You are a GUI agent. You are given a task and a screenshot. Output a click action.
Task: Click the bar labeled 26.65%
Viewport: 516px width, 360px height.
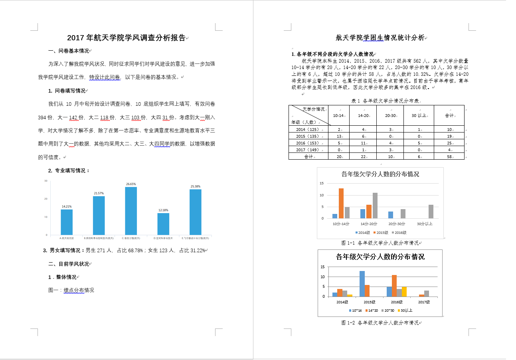131,211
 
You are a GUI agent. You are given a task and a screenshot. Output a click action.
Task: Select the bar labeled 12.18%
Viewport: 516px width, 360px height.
163,224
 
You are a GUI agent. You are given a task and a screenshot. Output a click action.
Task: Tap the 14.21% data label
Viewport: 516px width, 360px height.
67,206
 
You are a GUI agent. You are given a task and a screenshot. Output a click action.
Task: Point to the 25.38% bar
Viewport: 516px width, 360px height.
196,212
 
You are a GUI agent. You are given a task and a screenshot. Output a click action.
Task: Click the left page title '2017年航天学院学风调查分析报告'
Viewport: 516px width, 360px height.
127,38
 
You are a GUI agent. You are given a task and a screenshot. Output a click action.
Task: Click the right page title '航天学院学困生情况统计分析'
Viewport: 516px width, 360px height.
380,38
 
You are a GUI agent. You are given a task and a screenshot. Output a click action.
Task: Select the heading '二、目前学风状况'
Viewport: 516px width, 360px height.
69,264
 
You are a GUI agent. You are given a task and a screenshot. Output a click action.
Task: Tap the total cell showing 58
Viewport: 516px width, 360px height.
449,157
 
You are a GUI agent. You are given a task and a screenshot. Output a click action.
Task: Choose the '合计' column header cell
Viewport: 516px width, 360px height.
449,116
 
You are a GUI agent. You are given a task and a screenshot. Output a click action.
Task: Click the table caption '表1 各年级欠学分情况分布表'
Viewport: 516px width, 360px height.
386,101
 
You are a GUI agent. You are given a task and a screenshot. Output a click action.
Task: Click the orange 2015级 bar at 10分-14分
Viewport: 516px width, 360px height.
341,204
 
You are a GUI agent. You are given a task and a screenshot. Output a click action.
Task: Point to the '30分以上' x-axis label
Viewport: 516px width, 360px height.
425,224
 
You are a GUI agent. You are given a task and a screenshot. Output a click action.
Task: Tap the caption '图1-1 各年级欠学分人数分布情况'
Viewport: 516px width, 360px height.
380,243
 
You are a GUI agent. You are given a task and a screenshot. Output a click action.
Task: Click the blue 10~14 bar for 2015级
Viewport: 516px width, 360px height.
362,284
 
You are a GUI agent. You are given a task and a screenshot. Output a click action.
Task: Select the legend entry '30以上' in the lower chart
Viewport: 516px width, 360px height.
405,310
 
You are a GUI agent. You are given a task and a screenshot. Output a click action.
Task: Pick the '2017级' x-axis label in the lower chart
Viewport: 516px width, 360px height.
424,302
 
